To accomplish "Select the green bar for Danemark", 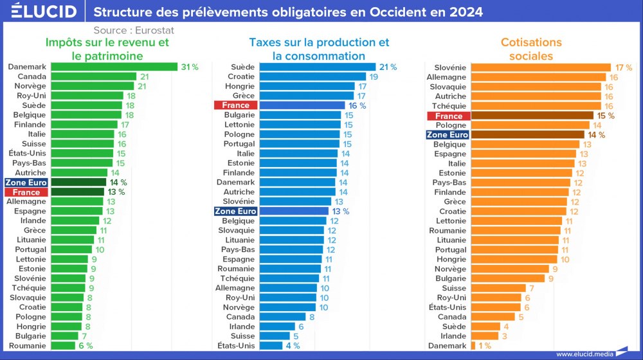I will click(x=114, y=67).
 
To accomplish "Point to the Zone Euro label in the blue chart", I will click(x=235, y=212).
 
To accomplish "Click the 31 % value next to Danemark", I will click(x=190, y=67).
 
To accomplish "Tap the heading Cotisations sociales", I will click(x=531, y=49).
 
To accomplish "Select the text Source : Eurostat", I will click(x=134, y=30).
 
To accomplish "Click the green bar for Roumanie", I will click(x=63, y=346).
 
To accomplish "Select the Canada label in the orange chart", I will click(x=452, y=317).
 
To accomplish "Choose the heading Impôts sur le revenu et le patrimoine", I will click(x=107, y=49).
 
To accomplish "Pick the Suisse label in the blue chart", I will click(x=242, y=336).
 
